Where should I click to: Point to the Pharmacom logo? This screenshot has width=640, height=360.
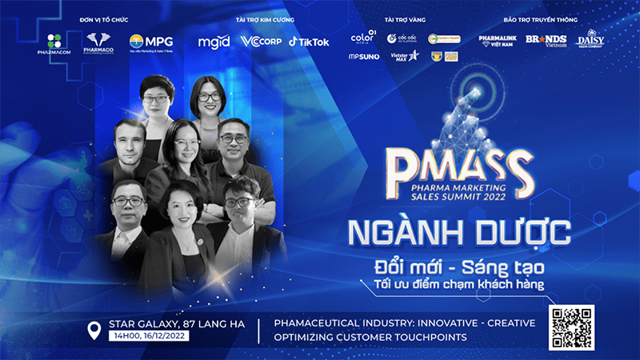(x=54, y=43)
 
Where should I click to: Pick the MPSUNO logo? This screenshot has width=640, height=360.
(x=363, y=57)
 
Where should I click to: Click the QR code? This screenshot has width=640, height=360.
(x=572, y=326)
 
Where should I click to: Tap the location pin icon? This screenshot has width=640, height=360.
(x=94, y=330)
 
